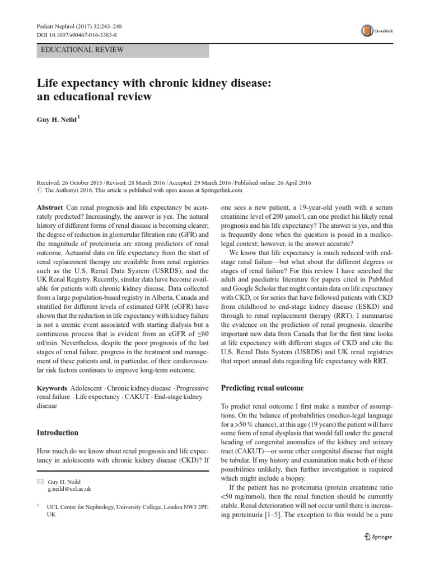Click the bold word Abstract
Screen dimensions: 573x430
point(49,206)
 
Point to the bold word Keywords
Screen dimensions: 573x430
point(52,388)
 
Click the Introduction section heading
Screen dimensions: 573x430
point(57,433)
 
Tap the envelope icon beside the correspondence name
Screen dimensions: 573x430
point(40,481)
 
